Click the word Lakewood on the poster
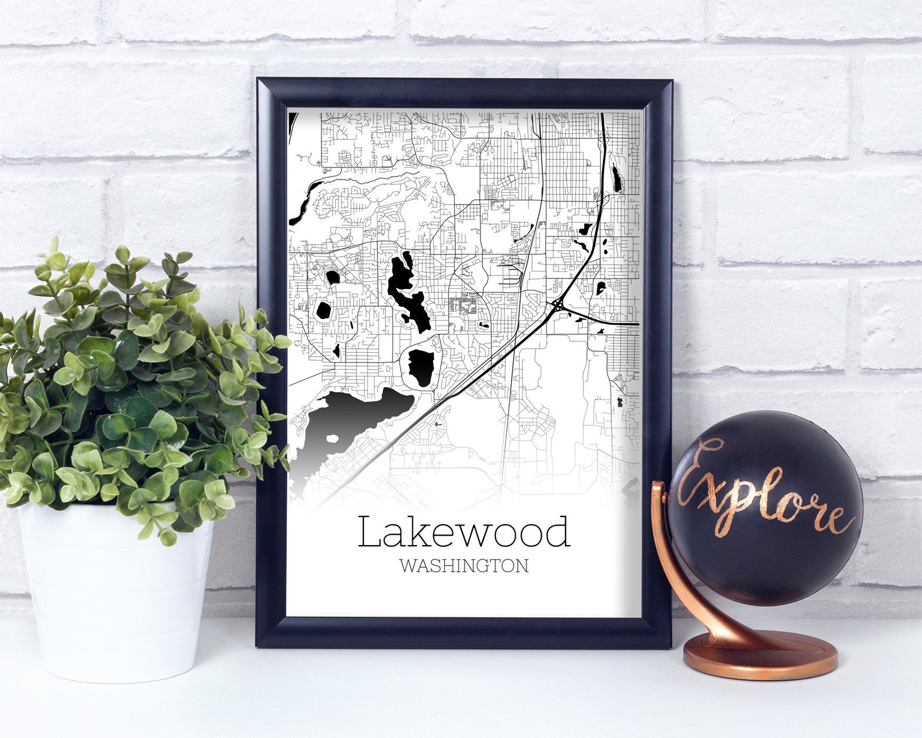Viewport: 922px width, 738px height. click(x=463, y=532)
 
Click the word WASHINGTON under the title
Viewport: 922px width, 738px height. click(x=463, y=565)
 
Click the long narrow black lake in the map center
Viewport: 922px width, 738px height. click(x=406, y=291)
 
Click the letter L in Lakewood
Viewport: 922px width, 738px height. click(x=369, y=532)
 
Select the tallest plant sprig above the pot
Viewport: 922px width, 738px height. click(x=54, y=250)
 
